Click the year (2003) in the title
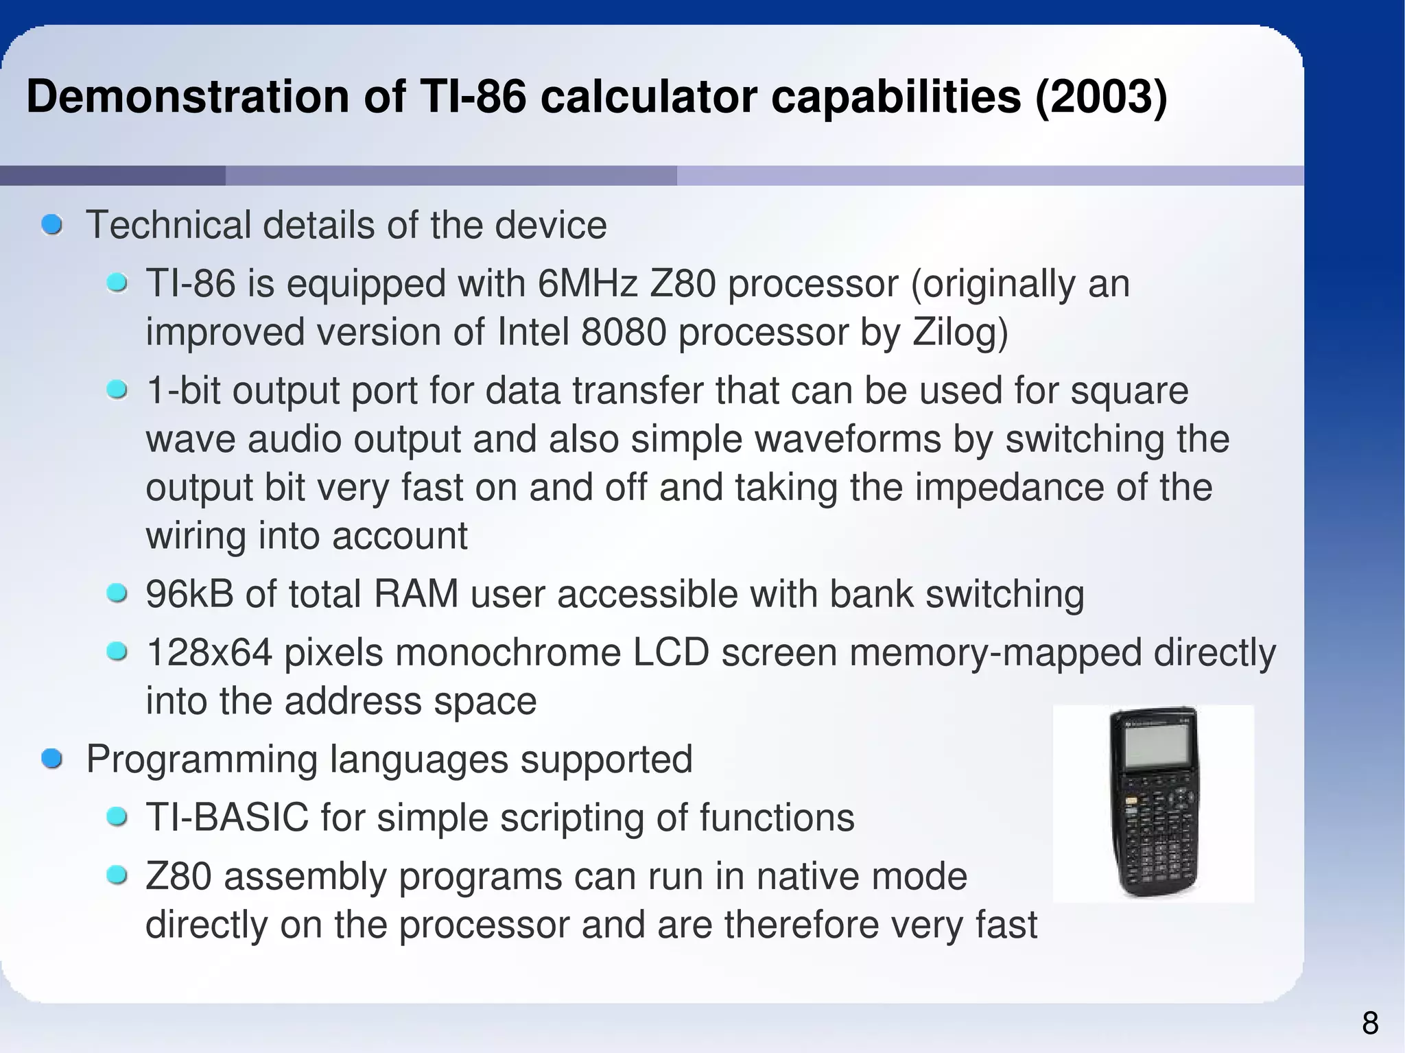click(1100, 97)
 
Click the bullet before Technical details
click(51, 225)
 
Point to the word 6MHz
click(587, 284)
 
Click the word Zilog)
click(960, 333)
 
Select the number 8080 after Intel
click(623, 333)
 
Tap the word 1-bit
click(182, 391)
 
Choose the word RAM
click(416, 594)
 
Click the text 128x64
click(209, 652)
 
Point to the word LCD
click(670, 652)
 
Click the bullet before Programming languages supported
click(51, 759)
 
